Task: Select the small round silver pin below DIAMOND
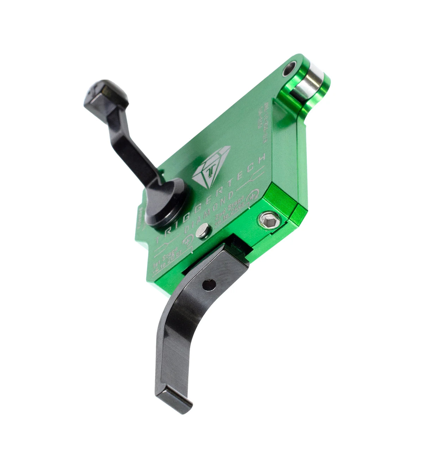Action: [x=202, y=232]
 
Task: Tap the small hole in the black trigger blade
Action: [x=209, y=284]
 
